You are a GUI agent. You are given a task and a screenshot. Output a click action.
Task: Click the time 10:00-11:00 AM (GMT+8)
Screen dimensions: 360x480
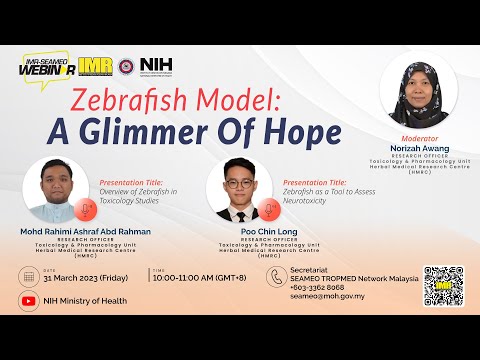coord(198,279)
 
